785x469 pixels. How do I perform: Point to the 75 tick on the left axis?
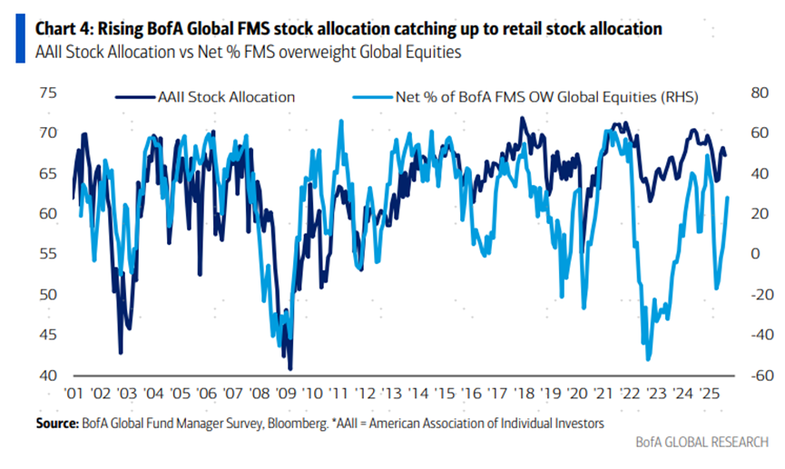(47, 93)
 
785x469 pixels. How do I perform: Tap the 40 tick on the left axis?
(47, 376)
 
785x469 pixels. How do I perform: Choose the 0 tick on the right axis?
(755, 254)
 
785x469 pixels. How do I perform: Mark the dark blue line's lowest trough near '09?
(289, 369)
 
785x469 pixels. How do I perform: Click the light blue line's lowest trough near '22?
(648, 360)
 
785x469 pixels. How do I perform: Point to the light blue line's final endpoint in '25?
(729, 198)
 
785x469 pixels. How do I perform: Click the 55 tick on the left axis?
(47, 255)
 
